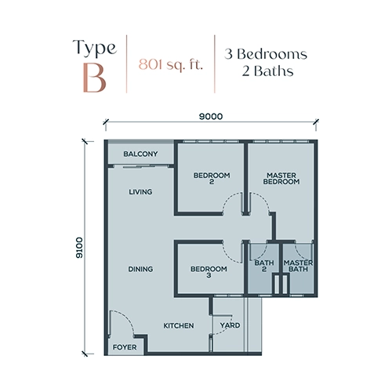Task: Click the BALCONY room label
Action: (x=140, y=154)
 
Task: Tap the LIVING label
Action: (x=140, y=192)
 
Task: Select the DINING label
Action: (x=140, y=269)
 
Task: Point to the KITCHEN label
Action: (x=179, y=325)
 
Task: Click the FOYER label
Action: (x=125, y=347)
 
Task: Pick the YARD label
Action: (x=230, y=325)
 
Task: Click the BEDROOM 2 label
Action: (x=212, y=178)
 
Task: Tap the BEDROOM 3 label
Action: (x=209, y=272)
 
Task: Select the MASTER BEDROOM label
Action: (x=281, y=178)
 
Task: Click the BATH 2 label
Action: (x=264, y=266)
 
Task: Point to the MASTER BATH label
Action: (x=298, y=266)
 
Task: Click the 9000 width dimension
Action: (x=211, y=116)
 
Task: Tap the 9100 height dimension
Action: (x=79, y=248)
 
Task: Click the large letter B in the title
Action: (x=95, y=78)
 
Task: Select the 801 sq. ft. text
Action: (x=171, y=64)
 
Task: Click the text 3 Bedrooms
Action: (x=266, y=54)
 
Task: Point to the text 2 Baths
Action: (x=267, y=71)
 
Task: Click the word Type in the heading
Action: (x=95, y=47)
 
